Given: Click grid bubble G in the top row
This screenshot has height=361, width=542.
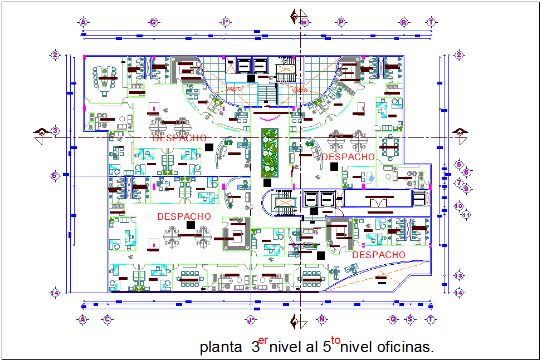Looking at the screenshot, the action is coord(153,22).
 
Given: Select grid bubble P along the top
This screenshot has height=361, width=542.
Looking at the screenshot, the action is coord(340,22).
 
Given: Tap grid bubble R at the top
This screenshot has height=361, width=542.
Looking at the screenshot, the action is coord(403,22).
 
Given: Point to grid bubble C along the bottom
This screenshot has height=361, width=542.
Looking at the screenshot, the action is coord(106,319).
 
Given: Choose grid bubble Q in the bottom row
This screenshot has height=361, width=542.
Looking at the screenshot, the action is coord(393,319).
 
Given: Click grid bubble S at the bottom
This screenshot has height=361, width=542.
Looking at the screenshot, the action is coord(411,319).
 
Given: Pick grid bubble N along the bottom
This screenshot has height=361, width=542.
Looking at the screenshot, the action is coord(321,319).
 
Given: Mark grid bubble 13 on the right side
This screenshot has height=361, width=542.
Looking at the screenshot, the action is coord(459,276).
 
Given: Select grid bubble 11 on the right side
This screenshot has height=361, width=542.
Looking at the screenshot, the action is coord(466,215).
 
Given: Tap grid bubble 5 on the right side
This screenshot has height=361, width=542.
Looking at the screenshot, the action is coord(459,165).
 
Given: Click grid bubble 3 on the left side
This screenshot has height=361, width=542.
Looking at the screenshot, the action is coord(55,131).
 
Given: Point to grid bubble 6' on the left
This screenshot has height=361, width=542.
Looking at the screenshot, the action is coord(55,176).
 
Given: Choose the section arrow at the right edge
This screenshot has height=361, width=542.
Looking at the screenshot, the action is coord(460,132).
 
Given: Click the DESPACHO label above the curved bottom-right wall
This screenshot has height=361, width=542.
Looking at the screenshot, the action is coord(379,255).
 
